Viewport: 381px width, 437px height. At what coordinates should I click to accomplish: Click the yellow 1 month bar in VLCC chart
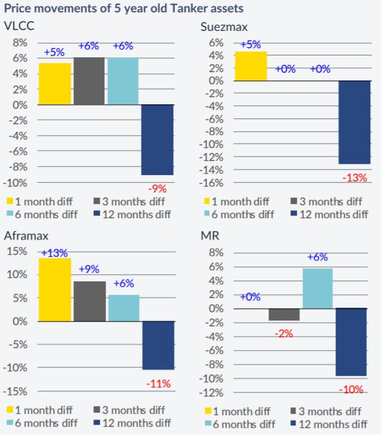(x=55, y=84)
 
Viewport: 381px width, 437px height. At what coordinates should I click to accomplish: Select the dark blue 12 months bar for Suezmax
(x=355, y=122)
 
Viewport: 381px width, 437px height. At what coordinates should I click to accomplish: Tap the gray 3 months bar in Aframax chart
(x=89, y=301)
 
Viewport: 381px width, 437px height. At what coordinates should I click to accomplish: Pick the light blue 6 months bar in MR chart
(x=318, y=288)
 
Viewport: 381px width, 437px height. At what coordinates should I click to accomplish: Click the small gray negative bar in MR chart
(x=284, y=314)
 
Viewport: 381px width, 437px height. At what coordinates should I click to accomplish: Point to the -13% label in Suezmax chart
(x=355, y=178)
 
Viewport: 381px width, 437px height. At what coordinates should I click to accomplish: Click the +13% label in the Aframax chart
(x=55, y=253)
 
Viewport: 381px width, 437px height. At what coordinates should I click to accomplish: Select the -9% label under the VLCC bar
(x=157, y=189)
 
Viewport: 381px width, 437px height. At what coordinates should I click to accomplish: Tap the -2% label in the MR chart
(x=284, y=333)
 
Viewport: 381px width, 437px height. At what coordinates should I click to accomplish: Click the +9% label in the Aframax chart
(x=89, y=269)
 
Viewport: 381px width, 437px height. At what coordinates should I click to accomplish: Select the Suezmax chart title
(x=224, y=27)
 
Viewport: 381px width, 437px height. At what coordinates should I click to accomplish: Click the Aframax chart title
(x=26, y=236)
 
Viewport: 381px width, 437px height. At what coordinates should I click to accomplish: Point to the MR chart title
(x=210, y=236)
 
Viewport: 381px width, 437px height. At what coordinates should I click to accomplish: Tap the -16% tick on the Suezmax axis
(x=211, y=183)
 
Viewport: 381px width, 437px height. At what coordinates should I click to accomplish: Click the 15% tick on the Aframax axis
(x=17, y=252)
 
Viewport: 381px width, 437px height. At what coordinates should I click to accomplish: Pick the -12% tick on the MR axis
(x=211, y=393)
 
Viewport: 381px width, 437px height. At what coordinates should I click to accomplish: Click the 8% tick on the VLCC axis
(x=20, y=43)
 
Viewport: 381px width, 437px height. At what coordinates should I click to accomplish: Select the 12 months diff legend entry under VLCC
(x=132, y=214)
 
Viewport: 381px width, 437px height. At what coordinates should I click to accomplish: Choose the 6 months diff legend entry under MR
(x=240, y=425)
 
